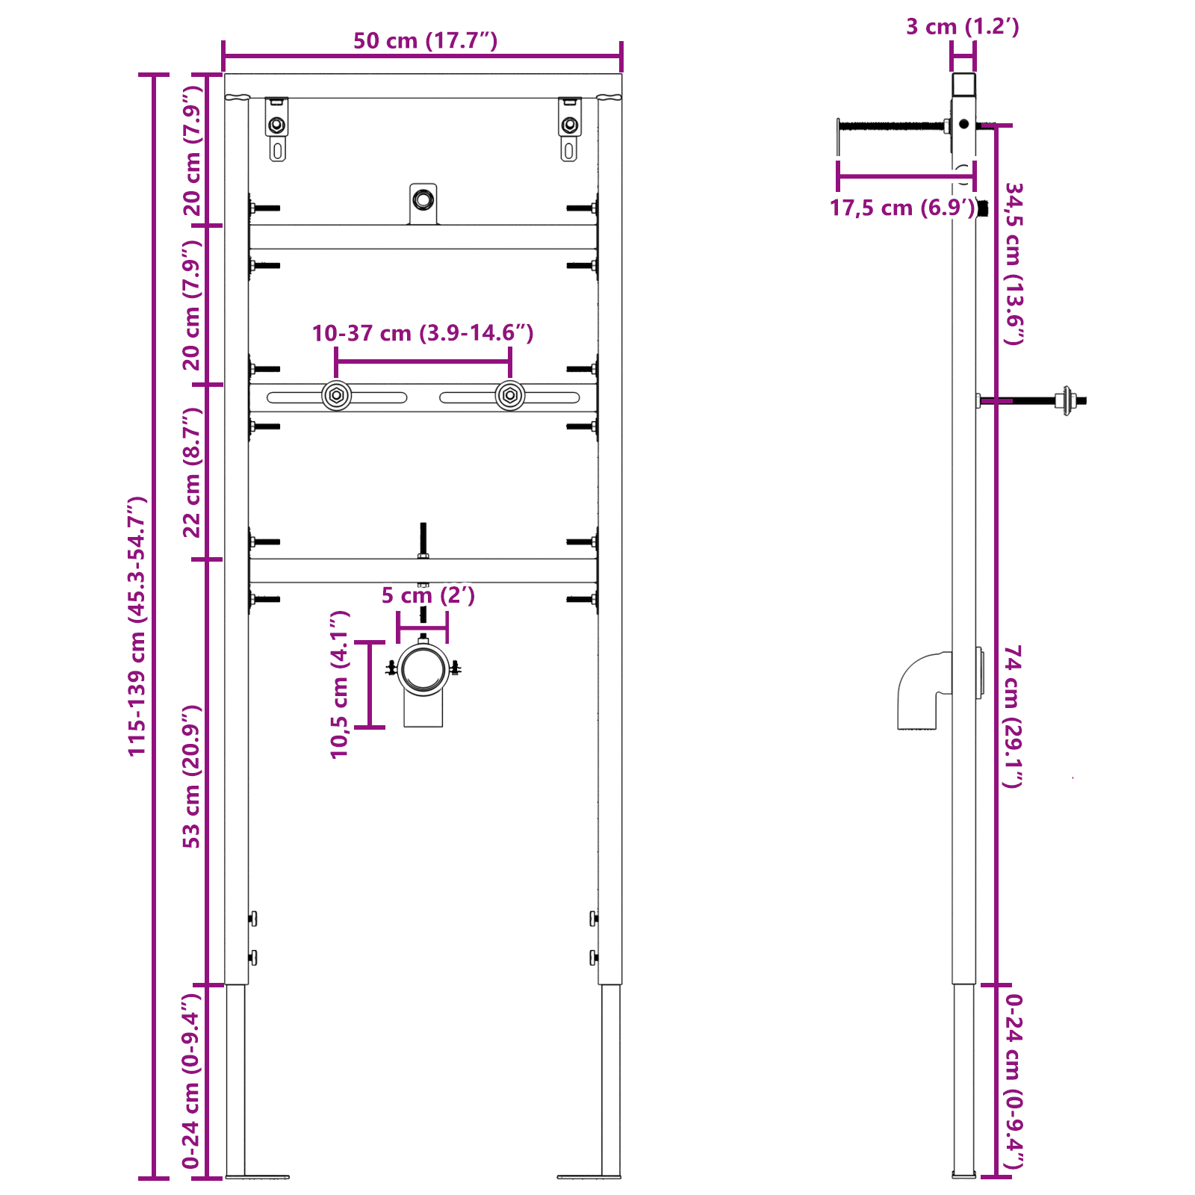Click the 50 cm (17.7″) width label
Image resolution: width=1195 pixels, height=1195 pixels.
coord(425,40)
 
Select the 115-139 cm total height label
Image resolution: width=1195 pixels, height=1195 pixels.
coord(137,626)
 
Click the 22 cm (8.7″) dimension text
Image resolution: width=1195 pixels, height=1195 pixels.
coord(192,472)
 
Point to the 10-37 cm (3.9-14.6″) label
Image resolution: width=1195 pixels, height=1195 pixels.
coord(423,333)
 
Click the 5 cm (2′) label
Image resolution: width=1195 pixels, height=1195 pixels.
coord(428,595)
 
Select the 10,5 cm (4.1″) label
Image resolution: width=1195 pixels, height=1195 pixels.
coord(340,684)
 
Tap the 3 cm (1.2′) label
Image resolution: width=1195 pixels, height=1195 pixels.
coord(962,27)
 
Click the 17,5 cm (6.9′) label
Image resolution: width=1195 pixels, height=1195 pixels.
coord(902,208)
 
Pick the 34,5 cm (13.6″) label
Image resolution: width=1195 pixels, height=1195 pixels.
coord(1014,263)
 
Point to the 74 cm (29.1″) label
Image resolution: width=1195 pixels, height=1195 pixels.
coord(1014,716)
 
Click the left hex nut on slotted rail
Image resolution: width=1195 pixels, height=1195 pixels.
coord(337,396)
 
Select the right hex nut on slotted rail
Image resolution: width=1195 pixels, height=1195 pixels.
coord(510,396)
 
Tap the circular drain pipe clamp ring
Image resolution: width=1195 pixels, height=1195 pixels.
coord(423,669)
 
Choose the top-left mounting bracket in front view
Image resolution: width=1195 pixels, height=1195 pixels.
coord(277,128)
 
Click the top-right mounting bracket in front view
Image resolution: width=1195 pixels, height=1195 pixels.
coord(569,128)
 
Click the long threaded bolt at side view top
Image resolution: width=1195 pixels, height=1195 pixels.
coord(893,125)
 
